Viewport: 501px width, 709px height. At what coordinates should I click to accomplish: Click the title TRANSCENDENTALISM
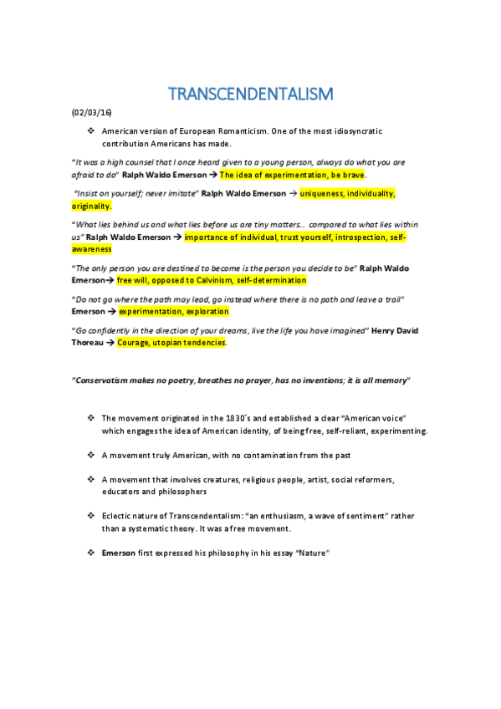tap(250, 93)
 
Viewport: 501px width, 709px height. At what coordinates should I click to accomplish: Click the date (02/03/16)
tap(91, 114)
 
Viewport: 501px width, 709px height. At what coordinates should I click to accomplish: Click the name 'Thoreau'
tap(90, 342)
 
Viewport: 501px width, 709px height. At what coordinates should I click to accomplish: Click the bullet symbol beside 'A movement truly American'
tap(90, 455)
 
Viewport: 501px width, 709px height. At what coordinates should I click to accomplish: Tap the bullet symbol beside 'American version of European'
tap(90, 132)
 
